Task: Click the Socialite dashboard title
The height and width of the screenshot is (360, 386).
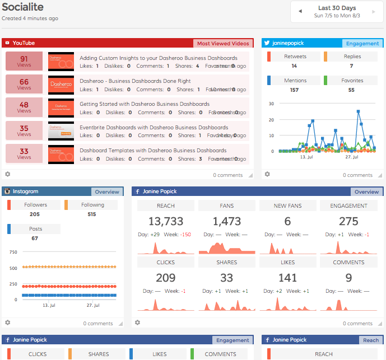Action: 23,8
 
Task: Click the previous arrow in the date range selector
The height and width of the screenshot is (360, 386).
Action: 300,11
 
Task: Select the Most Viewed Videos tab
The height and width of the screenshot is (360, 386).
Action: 223,43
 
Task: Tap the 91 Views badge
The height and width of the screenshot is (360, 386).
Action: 24,62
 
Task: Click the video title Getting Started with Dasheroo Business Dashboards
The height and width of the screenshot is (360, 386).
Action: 145,104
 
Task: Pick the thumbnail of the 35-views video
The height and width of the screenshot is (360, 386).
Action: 61,131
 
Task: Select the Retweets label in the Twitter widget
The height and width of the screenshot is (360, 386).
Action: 295,57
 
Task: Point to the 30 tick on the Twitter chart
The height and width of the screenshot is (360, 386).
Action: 271,104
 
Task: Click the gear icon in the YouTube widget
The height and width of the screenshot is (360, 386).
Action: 8,174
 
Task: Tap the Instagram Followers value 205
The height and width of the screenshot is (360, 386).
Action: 35,214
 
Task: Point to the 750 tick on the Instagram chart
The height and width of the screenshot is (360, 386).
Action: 13,253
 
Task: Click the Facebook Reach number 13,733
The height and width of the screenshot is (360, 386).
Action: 166,222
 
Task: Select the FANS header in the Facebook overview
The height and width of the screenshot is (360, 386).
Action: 227,206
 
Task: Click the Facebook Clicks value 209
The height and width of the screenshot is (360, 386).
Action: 166,278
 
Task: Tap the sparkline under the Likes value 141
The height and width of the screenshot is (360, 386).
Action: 287,304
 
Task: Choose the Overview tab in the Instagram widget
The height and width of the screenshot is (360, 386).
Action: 107,191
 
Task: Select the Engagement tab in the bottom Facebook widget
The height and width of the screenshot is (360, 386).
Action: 232,340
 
